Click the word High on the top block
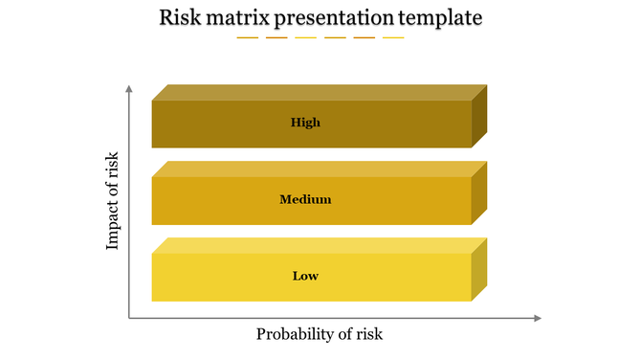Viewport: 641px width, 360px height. click(305, 123)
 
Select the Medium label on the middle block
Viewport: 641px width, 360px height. click(305, 199)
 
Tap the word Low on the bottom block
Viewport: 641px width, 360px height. click(305, 276)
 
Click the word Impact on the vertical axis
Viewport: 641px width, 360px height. click(113, 225)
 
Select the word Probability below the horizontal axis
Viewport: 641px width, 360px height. click(295, 334)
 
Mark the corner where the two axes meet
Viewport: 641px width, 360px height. click(129, 318)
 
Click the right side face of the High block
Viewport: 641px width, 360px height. click(479, 116)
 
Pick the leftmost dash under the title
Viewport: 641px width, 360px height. click(248, 38)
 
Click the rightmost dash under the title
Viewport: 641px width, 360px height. click(393, 38)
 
